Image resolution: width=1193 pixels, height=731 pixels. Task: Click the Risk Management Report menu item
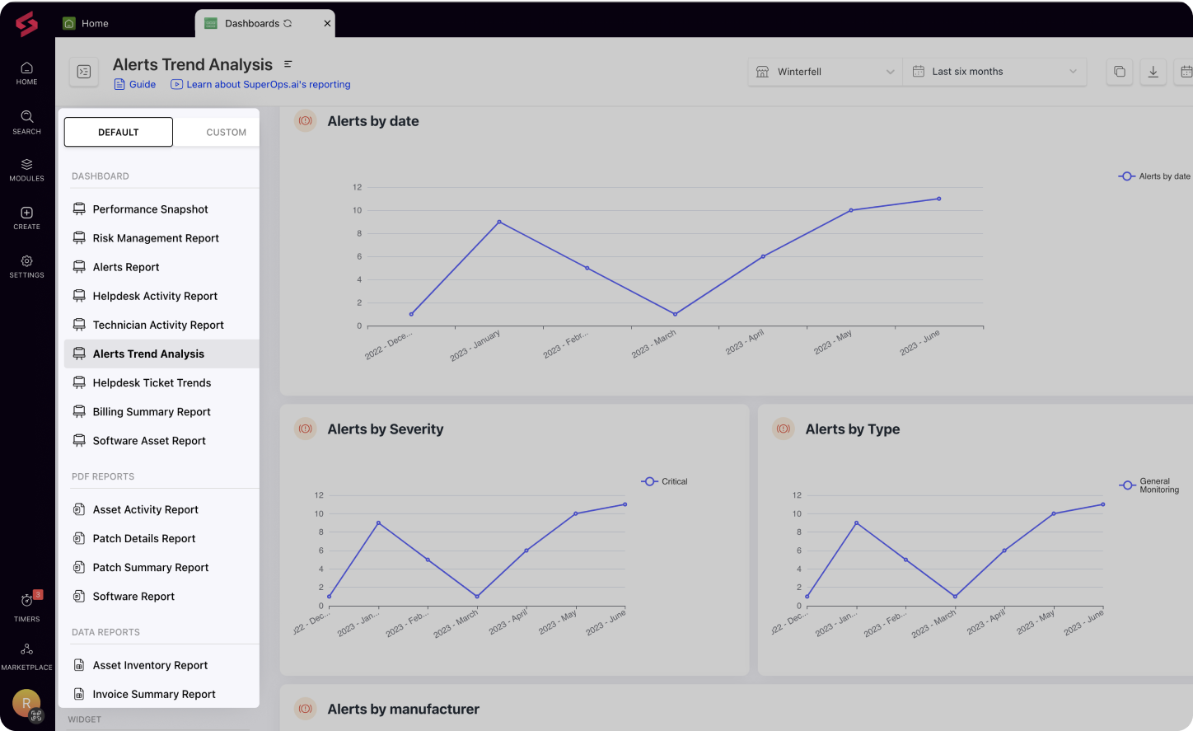tap(155, 238)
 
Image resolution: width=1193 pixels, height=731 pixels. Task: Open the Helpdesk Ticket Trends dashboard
tap(152, 382)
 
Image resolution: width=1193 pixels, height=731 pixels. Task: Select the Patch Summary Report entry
tap(150, 568)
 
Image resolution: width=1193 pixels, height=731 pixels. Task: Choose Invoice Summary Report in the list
tap(153, 694)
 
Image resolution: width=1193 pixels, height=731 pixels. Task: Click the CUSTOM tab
tap(226, 132)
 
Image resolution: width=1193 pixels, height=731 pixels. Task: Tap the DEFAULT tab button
tap(119, 132)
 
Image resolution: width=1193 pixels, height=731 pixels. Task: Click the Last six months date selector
tap(994, 72)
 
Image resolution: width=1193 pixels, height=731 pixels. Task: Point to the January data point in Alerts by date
tap(499, 222)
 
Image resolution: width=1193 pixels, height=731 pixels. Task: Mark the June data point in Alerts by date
tap(938, 199)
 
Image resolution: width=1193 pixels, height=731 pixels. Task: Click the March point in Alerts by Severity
tap(477, 597)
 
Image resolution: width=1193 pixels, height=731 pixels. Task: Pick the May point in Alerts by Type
tap(1054, 513)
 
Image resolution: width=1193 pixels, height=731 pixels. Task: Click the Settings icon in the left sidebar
tap(26, 265)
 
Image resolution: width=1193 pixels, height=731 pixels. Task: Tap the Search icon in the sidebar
tap(26, 121)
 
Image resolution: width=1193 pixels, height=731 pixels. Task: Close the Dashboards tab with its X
tap(327, 23)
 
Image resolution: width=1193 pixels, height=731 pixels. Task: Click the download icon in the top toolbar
tap(1153, 72)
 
